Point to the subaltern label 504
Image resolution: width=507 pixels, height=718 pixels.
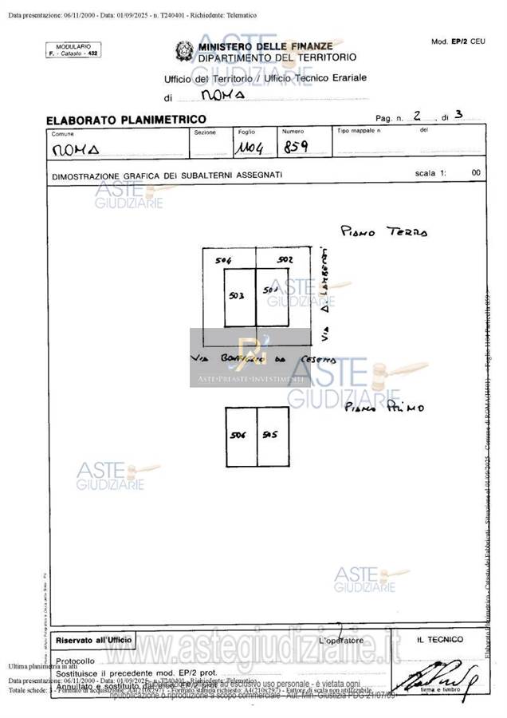[223, 261]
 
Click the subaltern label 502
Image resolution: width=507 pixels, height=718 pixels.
[285, 260]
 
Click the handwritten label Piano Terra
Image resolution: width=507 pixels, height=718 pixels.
[383, 231]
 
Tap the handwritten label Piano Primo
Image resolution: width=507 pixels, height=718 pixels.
[385, 408]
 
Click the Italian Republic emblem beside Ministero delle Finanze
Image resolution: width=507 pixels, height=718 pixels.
[184, 52]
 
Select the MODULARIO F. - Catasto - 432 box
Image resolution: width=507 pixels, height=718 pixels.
[73, 49]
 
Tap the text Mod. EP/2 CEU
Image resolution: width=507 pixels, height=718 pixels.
[458, 41]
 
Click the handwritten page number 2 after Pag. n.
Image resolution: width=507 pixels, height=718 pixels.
[417, 115]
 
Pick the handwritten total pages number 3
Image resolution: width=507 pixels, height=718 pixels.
[458, 115]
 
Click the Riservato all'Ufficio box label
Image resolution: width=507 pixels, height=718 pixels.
[92, 640]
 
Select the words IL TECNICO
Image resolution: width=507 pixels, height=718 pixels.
[439, 639]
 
